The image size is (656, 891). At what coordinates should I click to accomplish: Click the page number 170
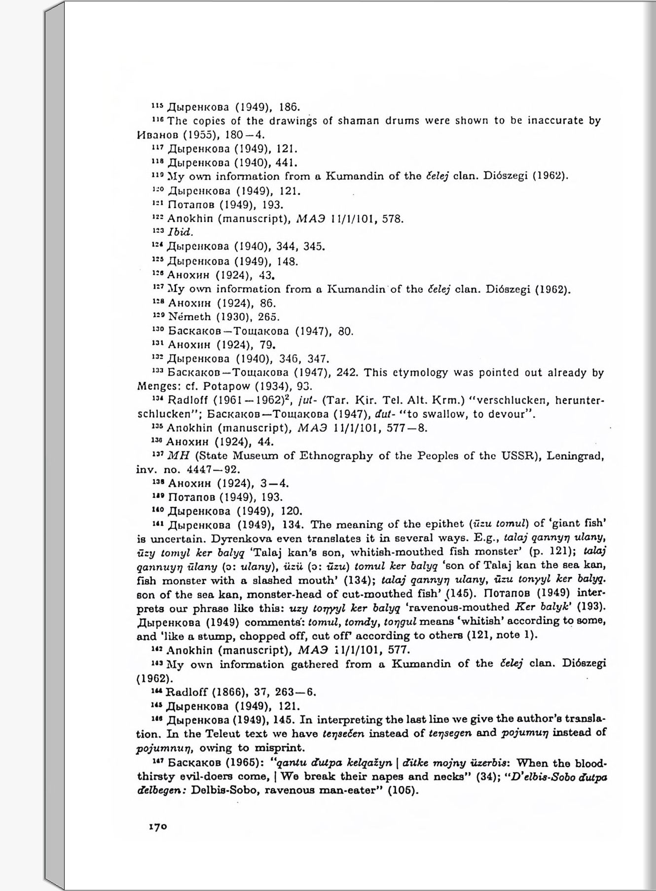[x=158, y=827]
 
